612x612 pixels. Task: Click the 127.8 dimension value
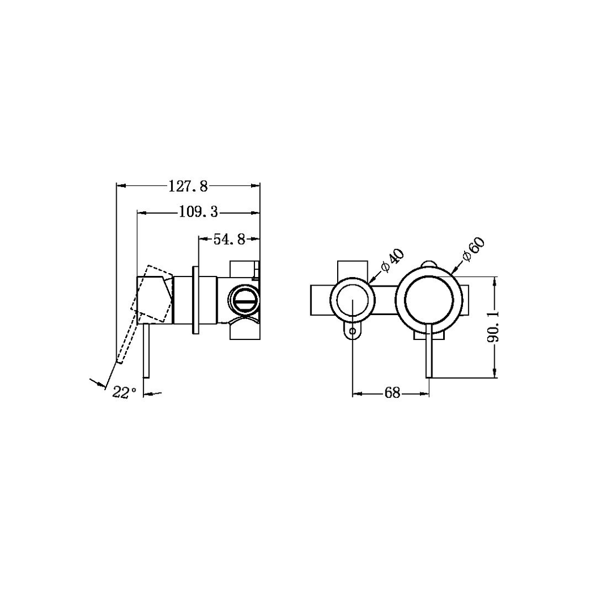[189, 185]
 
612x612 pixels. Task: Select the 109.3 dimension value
[198, 212]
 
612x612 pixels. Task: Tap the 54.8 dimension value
[229, 240]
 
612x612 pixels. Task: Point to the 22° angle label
[124, 392]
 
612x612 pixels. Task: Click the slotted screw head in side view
[244, 300]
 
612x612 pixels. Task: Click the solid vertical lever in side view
[147, 350]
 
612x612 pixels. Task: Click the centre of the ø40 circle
[352, 300]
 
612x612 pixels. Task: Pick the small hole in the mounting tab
[352, 331]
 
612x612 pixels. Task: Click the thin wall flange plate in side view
[195, 300]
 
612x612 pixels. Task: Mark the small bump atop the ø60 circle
[429, 263]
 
